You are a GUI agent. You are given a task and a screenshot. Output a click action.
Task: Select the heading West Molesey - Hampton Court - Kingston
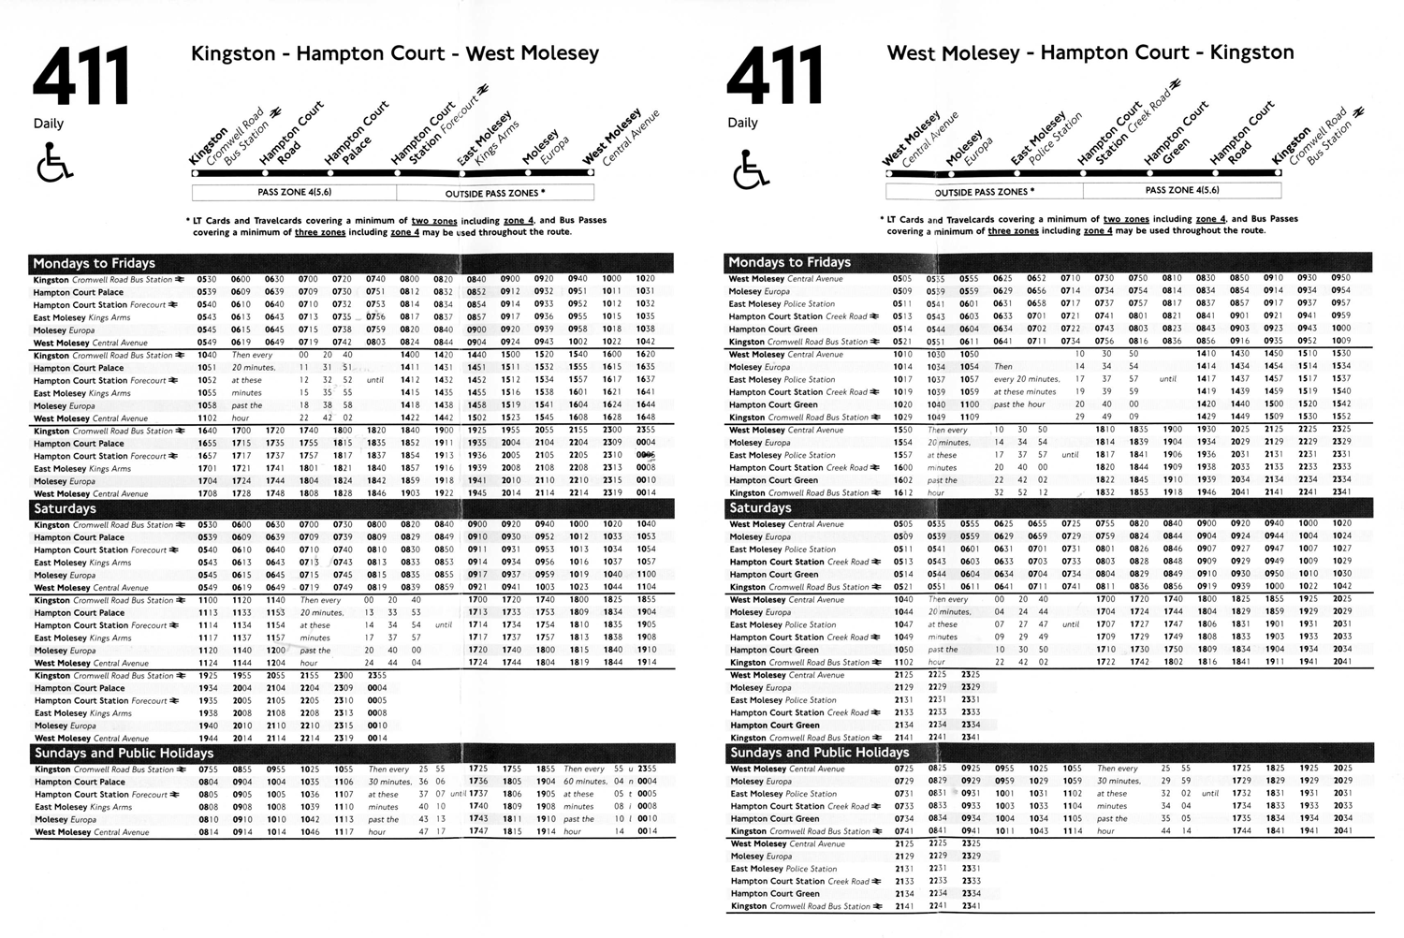(1090, 52)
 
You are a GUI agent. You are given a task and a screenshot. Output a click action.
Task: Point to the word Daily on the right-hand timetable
(742, 123)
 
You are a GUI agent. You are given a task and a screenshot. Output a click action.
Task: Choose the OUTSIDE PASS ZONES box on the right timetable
(985, 191)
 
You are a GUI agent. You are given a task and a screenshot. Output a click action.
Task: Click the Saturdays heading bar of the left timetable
(66, 508)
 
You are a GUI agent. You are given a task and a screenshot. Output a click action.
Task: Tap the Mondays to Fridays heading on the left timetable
(94, 263)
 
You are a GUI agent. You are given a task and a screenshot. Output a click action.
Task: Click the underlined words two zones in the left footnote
(433, 221)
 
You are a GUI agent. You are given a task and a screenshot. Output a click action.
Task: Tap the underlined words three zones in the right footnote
(1013, 230)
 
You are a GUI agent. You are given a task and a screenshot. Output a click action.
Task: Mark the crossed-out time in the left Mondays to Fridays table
(646, 456)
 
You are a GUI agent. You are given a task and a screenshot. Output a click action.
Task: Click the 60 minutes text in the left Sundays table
(584, 781)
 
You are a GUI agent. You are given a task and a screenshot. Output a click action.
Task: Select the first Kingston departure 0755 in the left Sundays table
(208, 769)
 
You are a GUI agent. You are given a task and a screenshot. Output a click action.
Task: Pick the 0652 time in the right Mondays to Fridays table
(1036, 278)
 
